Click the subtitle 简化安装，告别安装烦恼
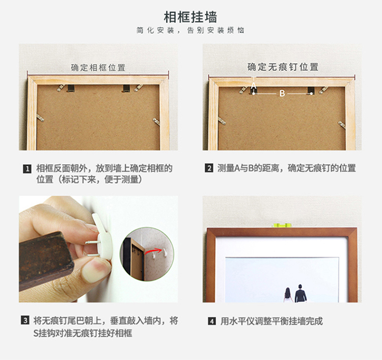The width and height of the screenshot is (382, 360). coord(190,31)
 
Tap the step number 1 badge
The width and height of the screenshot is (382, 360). coord(27,168)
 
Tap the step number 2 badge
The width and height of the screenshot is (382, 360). coord(209,168)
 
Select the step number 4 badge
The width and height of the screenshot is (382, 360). coord(211,321)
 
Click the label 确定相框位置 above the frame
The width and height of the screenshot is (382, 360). coord(98,67)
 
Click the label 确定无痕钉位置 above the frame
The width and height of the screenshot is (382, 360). coord(283,67)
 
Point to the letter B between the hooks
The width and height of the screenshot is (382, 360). coord(282,94)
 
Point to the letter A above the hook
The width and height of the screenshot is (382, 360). coord(254,84)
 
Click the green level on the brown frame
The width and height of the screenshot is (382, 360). coord(282,224)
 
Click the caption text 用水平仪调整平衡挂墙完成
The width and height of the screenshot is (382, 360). coord(271,321)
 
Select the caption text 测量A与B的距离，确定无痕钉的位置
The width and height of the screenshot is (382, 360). coord(287,168)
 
